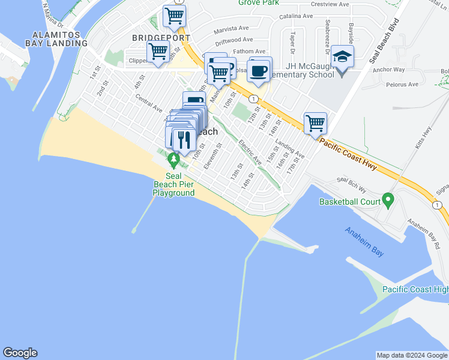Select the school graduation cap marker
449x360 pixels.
[342, 57]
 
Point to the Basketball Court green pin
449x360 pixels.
[388, 198]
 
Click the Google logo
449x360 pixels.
[20, 353]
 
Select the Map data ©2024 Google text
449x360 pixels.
[411, 355]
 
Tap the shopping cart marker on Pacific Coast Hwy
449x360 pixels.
[315, 124]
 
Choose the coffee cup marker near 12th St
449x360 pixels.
[259, 70]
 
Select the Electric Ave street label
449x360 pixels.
[250, 153]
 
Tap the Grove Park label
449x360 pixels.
[259, 3]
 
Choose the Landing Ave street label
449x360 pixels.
[290, 149]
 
